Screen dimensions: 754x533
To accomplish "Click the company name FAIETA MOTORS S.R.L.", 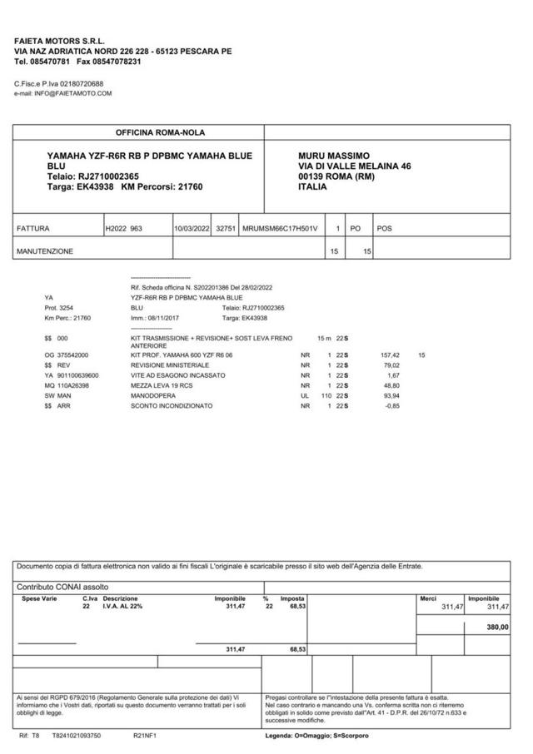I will point(57,41).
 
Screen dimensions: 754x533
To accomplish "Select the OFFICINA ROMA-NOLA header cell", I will point(160,133).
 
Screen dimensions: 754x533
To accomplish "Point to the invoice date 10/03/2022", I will point(192,227).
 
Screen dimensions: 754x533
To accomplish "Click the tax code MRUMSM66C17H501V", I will point(281,227).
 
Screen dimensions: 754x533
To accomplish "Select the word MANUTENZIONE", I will point(45,251).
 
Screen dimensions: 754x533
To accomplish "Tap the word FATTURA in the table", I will point(33,227).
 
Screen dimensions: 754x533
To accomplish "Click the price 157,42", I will point(391,355).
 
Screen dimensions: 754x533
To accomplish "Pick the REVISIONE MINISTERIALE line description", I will point(170,365).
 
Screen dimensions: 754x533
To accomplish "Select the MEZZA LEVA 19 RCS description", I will point(162,385).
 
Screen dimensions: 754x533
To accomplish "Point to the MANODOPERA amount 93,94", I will point(391,395).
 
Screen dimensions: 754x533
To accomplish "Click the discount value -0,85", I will point(392,405).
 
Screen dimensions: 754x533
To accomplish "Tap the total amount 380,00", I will point(497,627).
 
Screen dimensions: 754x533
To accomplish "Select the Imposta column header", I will point(292,598).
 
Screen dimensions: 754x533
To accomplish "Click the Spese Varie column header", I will point(39,598).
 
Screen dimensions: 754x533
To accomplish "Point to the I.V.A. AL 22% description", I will point(123,607).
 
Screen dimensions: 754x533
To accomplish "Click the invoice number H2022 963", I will point(124,227).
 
